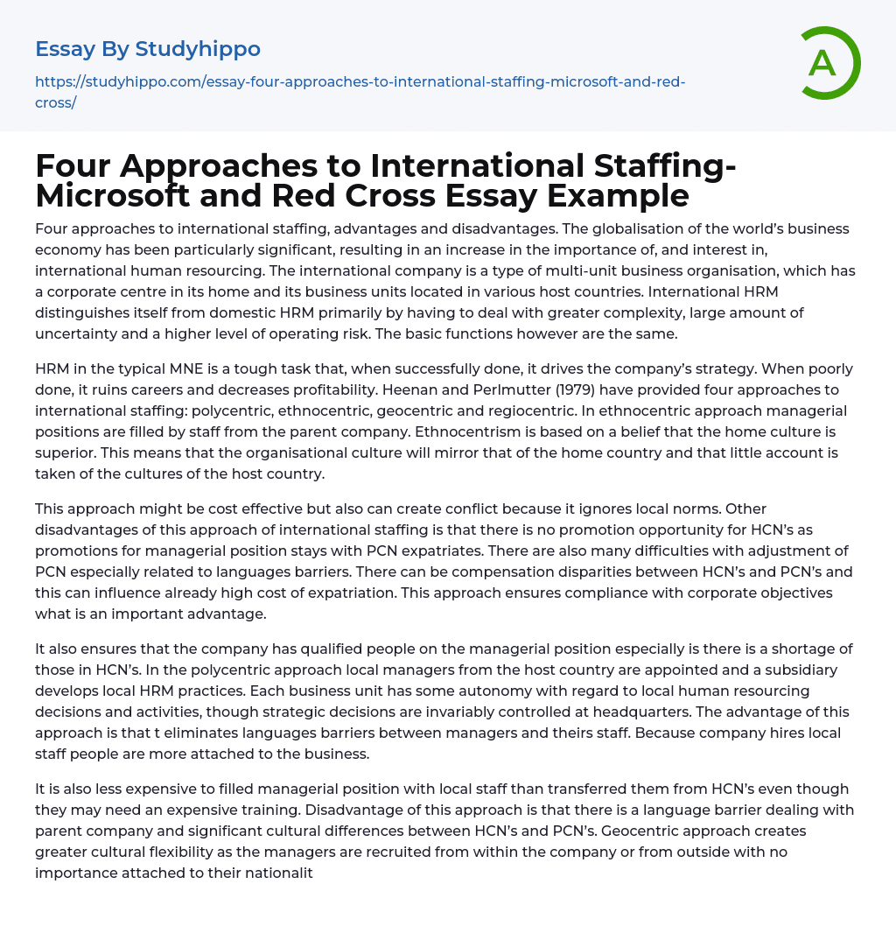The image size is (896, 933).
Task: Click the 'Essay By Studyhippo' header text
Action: coord(148,49)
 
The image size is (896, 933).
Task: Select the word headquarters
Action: coord(641,712)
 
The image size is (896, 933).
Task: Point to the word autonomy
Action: coord(423,691)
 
